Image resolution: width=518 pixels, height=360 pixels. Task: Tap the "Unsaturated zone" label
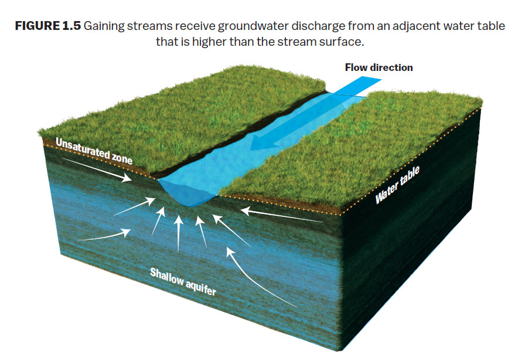pyautogui.click(x=94, y=149)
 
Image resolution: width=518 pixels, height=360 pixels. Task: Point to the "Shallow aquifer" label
pyautogui.click(x=183, y=281)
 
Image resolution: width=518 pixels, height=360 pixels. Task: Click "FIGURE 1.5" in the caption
pyautogui.click(x=47, y=28)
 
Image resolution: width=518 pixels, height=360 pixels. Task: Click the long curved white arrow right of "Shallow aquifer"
pyautogui.click(x=258, y=276)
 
